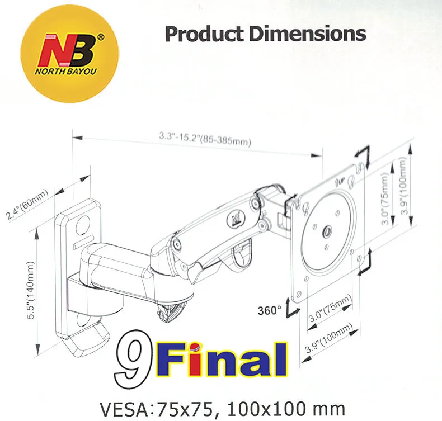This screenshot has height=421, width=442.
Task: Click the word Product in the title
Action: [204, 34]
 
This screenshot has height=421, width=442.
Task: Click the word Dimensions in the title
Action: [307, 34]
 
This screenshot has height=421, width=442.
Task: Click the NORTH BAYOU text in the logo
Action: [65, 71]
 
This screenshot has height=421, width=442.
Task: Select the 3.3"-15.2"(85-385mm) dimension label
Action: [205, 139]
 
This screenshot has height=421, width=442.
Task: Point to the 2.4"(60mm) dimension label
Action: [27, 204]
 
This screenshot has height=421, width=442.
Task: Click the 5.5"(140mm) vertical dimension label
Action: [30, 290]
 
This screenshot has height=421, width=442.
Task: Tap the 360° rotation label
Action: [270, 311]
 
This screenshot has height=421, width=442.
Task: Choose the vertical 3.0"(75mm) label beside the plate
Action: [385, 198]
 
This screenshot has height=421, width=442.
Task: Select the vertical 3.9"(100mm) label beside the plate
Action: [404, 186]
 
